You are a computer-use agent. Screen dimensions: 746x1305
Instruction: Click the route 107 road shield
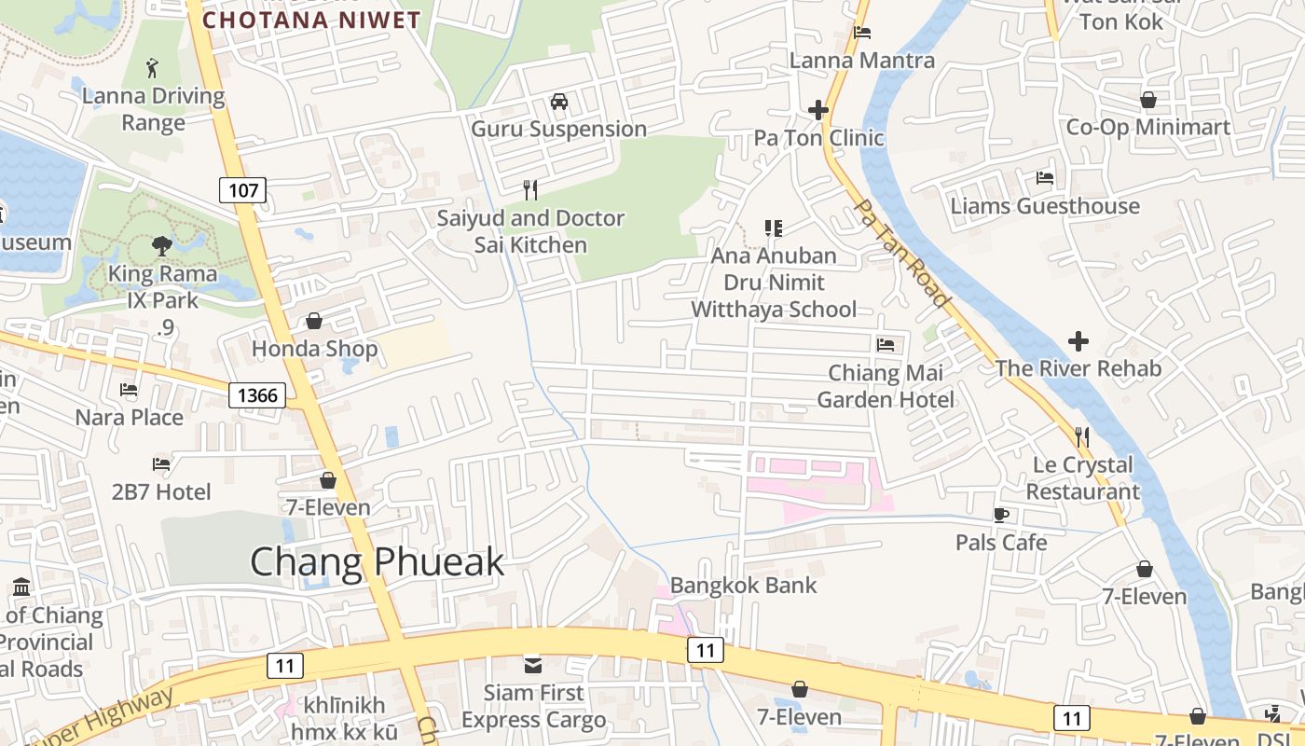click(243, 191)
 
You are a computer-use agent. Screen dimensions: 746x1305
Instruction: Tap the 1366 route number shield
click(257, 395)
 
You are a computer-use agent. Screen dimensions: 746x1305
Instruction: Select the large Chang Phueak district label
click(377, 562)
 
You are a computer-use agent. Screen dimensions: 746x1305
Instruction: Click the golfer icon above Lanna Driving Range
click(153, 68)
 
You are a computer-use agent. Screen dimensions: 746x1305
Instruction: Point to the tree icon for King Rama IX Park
click(162, 246)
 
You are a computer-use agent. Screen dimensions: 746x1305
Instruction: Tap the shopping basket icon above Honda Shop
click(314, 322)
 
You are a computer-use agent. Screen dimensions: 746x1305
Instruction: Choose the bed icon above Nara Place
click(129, 390)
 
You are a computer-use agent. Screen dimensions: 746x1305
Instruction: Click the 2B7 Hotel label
click(162, 491)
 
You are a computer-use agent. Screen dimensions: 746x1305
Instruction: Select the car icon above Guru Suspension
click(559, 102)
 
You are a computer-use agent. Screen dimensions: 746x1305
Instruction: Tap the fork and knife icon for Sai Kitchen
click(530, 190)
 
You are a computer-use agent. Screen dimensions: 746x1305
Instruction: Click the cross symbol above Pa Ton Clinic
click(818, 110)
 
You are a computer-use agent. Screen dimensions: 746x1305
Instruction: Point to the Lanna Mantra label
click(862, 61)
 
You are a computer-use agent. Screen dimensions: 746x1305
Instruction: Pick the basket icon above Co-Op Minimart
click(1148, 100)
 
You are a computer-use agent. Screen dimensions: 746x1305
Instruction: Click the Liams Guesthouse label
click(1045, 206)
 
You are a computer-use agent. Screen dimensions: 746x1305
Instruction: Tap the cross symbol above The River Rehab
click(1078, 341)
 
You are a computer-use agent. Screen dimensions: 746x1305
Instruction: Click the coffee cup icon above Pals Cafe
click(1001, 515)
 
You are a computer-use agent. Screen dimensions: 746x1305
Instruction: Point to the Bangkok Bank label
click(743, 586)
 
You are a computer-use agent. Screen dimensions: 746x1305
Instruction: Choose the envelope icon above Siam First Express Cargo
click(533, 666)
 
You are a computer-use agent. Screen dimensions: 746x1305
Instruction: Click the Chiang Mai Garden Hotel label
click(886, 386)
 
